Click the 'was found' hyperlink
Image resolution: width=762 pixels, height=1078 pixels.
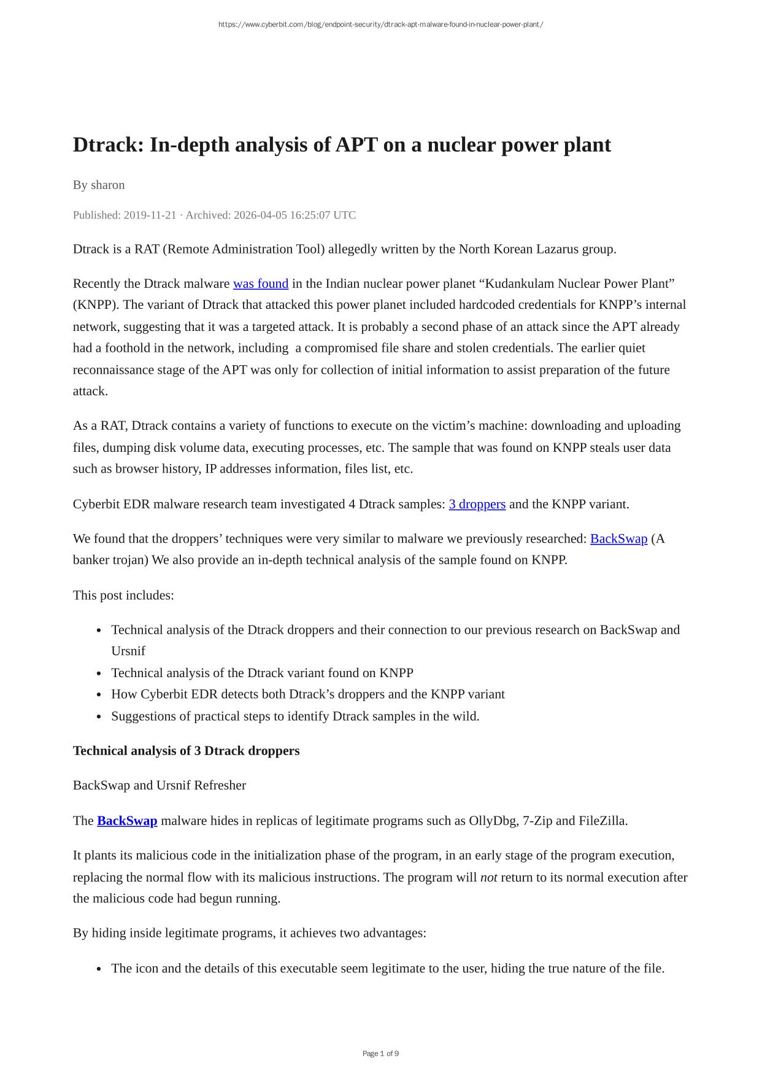[x=260, y=284]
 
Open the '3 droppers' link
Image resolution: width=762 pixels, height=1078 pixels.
[x=477, y=504]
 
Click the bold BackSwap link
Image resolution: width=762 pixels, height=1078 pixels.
[x=127, y=821]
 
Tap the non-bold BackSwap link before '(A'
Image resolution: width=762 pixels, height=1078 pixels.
[x=618, y=539]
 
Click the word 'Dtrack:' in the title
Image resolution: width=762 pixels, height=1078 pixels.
[x=108, y=145]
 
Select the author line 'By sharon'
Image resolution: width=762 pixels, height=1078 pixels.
[x=99, y=185]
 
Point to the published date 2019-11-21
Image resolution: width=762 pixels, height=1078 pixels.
[x=150, y=215]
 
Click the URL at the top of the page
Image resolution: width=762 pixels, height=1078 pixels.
[x=380, y=25]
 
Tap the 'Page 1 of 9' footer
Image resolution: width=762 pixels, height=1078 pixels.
[x=380, y=1053]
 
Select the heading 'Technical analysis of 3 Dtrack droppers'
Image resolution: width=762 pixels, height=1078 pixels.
[x=186, y=751]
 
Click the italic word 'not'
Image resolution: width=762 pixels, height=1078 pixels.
[x=488, y=877]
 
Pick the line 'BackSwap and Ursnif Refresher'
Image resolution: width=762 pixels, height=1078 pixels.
[x=160, y=785]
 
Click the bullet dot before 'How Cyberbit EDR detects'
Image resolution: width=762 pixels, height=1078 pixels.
[x=99, y=695]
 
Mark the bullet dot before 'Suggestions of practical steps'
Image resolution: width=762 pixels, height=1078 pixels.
[x=99, y=716]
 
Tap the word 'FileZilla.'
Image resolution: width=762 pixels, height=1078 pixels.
[x=602, y=821]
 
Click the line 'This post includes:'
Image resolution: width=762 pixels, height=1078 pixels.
[x=123, y=595]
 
